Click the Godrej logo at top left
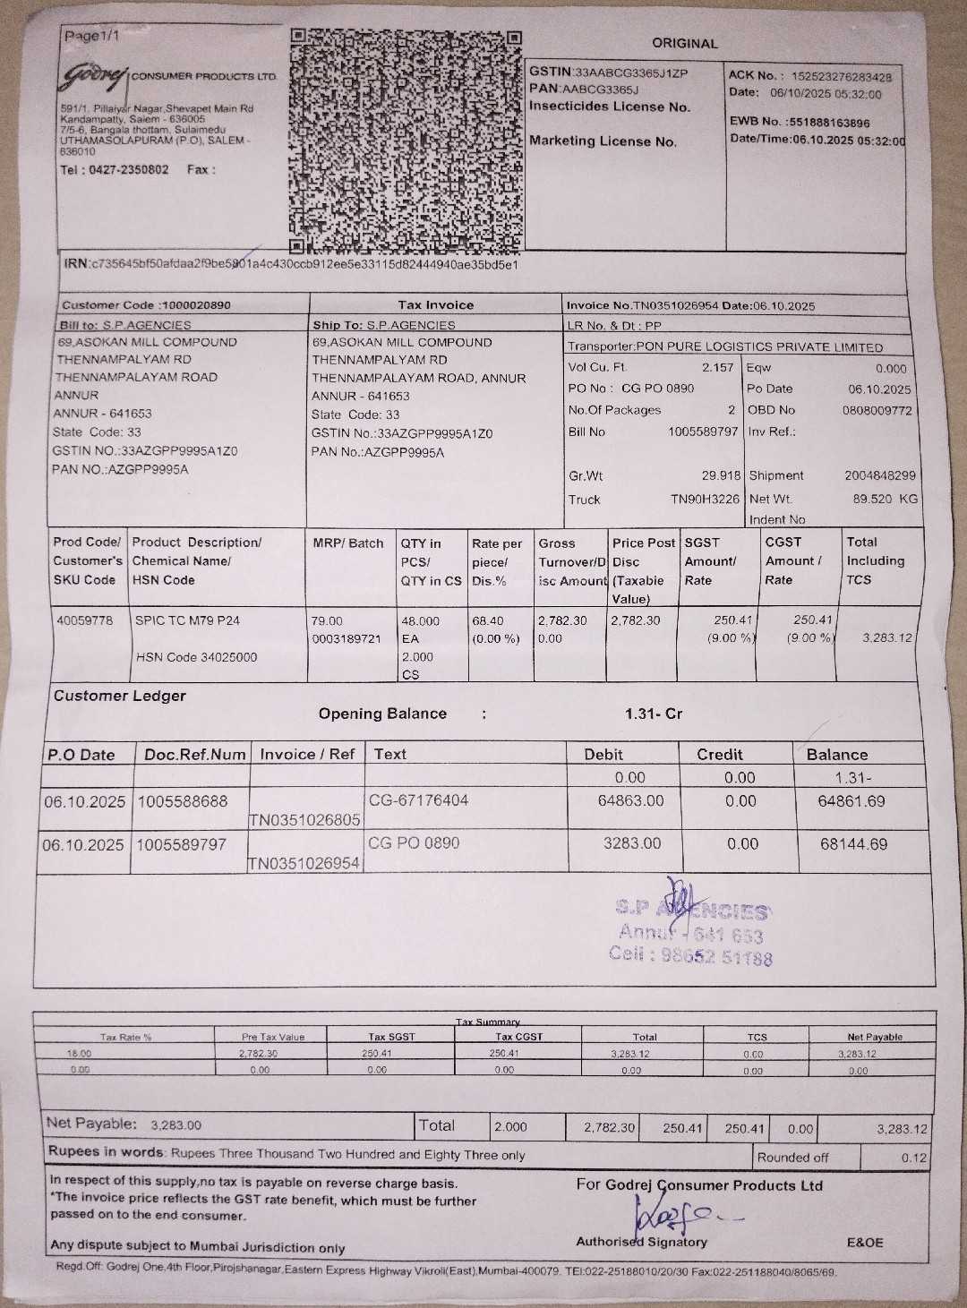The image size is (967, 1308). click(94, 78)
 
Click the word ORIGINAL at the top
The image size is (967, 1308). click(684, 43)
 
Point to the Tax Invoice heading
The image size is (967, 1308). click(436, 305)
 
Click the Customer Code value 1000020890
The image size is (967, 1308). click(195, 305)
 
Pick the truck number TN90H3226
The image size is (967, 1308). click(706, 500)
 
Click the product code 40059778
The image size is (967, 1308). click(85, 620)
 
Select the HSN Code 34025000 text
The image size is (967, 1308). click(196, 657)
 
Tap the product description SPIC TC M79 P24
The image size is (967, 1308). click(187, 620)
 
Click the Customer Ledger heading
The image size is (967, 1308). click(120, 696)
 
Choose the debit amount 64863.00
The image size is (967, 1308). click(630, 800)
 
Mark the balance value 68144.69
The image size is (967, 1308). click(853, 844)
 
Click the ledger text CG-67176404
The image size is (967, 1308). click(418, 800)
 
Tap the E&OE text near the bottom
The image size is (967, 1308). click(864, 1243)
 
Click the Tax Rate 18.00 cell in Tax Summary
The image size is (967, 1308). click(80, 1054)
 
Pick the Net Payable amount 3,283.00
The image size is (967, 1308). click(175, 1125)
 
